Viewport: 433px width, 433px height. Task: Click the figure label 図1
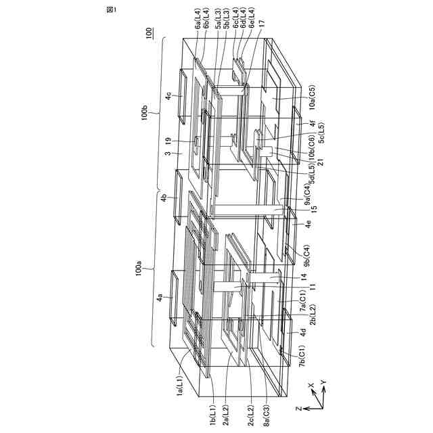(111, 9)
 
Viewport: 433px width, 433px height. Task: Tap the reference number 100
(148, 33)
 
